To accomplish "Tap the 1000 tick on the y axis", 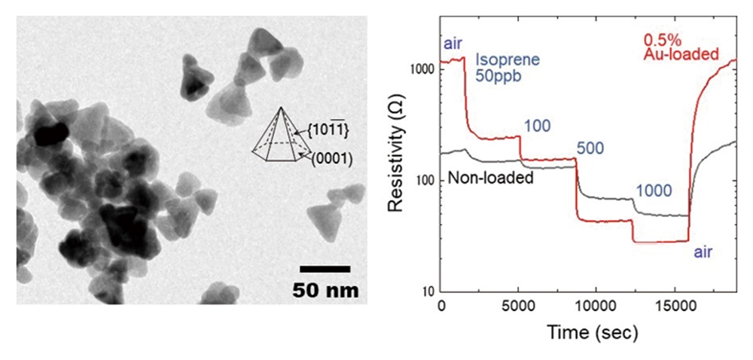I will [424, 69].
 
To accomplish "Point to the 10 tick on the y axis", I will [430, 292].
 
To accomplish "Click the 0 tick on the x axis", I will [441, 309].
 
